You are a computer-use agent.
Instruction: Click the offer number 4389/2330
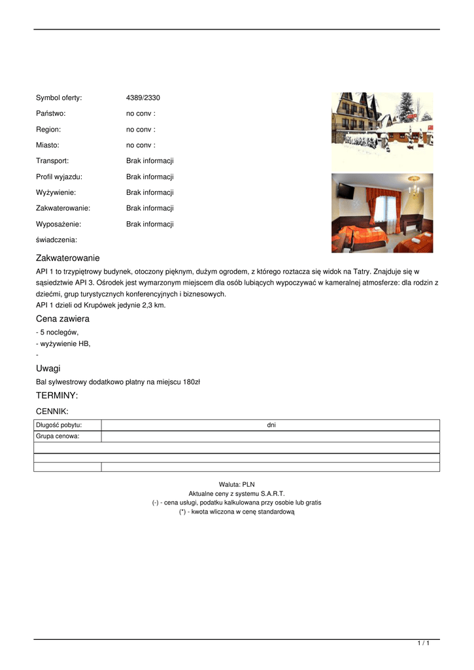pos(143,98)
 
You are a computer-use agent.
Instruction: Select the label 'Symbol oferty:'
pos(58,98)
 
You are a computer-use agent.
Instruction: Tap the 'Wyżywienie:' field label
pos(56,192)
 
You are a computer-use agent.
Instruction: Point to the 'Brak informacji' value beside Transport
pos(150,161)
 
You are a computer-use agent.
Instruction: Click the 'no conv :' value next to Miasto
pos(141,145)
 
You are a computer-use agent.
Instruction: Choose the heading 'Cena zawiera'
pos(62,319)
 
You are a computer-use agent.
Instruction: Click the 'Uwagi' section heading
pos(48,368)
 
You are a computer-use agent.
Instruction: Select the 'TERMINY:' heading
pos(56,396)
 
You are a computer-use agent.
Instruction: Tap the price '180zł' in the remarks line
pos(191,382)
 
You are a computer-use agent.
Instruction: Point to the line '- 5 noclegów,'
pos(57,332)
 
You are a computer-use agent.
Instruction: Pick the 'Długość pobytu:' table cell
pos(59,425)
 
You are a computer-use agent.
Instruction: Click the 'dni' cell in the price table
pos(271,425)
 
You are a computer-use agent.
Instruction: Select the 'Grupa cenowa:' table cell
pos(58,436)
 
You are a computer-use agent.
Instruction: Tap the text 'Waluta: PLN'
pos(237,485)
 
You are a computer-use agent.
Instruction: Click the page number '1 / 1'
pos(423,644)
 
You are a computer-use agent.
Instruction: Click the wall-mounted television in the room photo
pos(346,190)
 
